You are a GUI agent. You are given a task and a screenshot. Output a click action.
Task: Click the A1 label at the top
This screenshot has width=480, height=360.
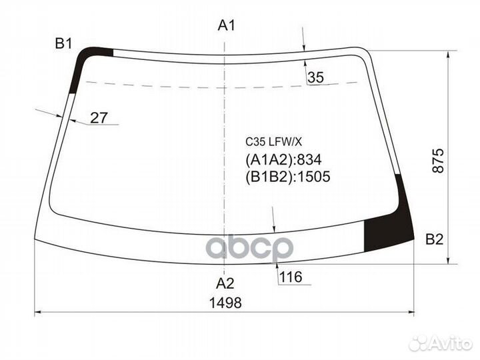click(227, 27)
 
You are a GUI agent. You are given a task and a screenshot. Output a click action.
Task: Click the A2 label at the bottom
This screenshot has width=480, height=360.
click(227, 282)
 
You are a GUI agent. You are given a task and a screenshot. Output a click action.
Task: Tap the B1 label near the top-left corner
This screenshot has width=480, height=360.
click(63, 44)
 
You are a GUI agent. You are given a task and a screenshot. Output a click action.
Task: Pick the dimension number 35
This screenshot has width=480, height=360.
click(315, 78)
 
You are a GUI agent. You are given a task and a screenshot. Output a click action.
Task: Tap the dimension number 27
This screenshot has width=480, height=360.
click(99, 118)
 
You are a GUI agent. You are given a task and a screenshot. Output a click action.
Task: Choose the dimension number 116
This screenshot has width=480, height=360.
click(291, 276)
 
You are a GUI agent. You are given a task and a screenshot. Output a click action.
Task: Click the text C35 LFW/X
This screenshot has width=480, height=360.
click(274, 142)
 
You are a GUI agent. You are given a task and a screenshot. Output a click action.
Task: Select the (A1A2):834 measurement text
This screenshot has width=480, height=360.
click(283, 160)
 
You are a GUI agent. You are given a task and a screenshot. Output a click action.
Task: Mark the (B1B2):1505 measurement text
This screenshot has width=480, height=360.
click(288, 177)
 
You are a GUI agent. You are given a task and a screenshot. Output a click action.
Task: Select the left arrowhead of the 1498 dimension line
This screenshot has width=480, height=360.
click(37, 312)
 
